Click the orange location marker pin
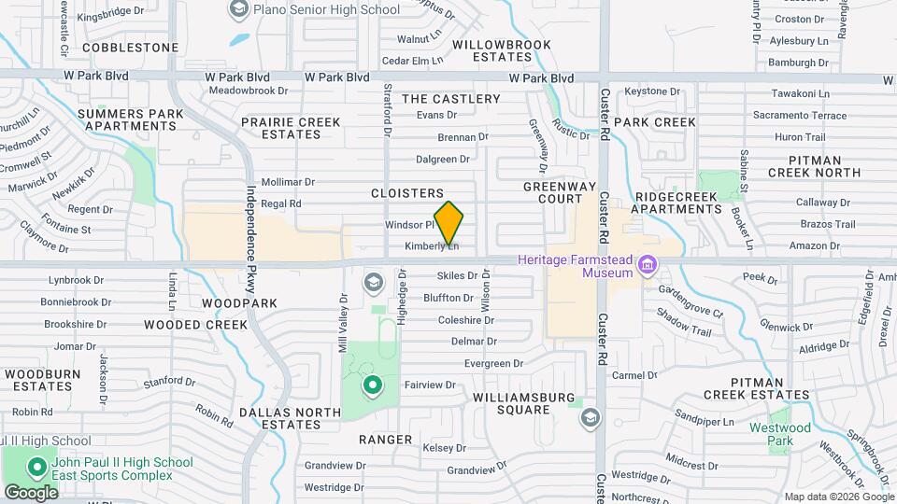point(448,223)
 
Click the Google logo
point(31,492)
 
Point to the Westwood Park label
point(780,433)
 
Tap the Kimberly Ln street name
point(432,246)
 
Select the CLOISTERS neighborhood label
point(406,193)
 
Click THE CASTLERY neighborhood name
point(451,99)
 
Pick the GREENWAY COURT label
point(566,192)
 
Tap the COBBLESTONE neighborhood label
point(130,47)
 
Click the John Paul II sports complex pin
point(37,466)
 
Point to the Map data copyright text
point(837,497)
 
